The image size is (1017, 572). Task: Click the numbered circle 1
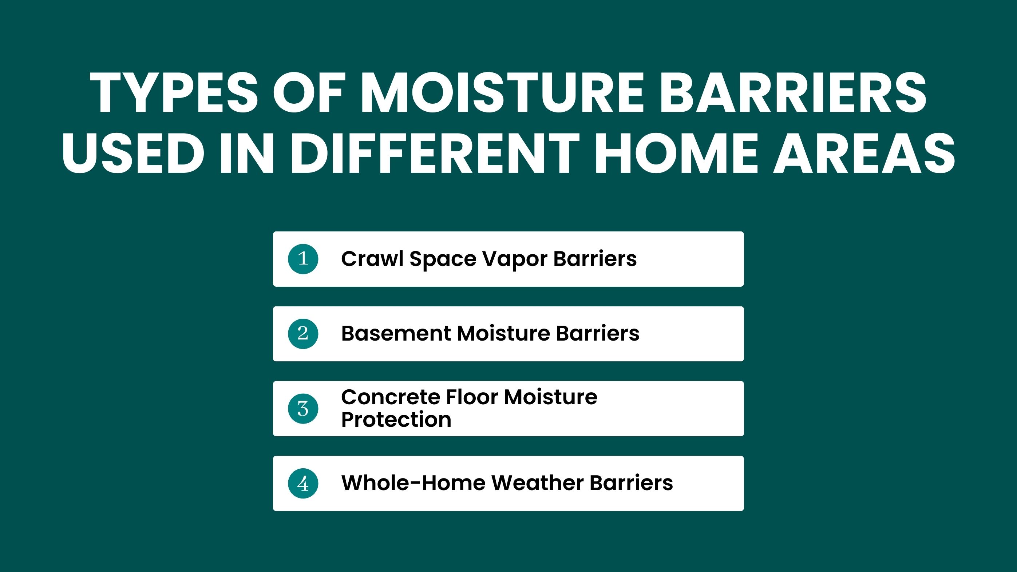coord(303,259)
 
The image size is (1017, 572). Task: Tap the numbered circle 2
coord(303,334)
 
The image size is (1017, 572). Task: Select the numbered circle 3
coord(303,409)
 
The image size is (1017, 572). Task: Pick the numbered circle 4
coord(303,483)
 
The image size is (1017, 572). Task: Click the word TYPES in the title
coord(174,93)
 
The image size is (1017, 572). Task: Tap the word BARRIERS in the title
coord(793,93)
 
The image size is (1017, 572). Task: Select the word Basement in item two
coord(396,333)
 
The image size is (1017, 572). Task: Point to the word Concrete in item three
coord(391,397)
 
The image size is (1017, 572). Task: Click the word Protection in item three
coord(396,419)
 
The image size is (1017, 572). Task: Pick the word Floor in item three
coord(472,397)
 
